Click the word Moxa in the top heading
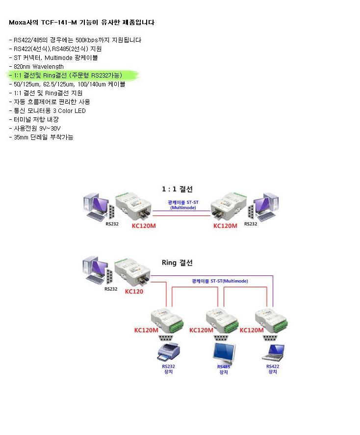18,23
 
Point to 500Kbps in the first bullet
86,40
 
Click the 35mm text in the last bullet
21,137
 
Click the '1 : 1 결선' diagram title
177,189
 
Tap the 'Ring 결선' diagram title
177,263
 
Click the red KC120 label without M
134,291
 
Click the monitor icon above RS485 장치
223,352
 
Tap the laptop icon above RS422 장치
273,351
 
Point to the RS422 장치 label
273,369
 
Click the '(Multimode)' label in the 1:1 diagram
183,208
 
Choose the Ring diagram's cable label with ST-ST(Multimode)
220,281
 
